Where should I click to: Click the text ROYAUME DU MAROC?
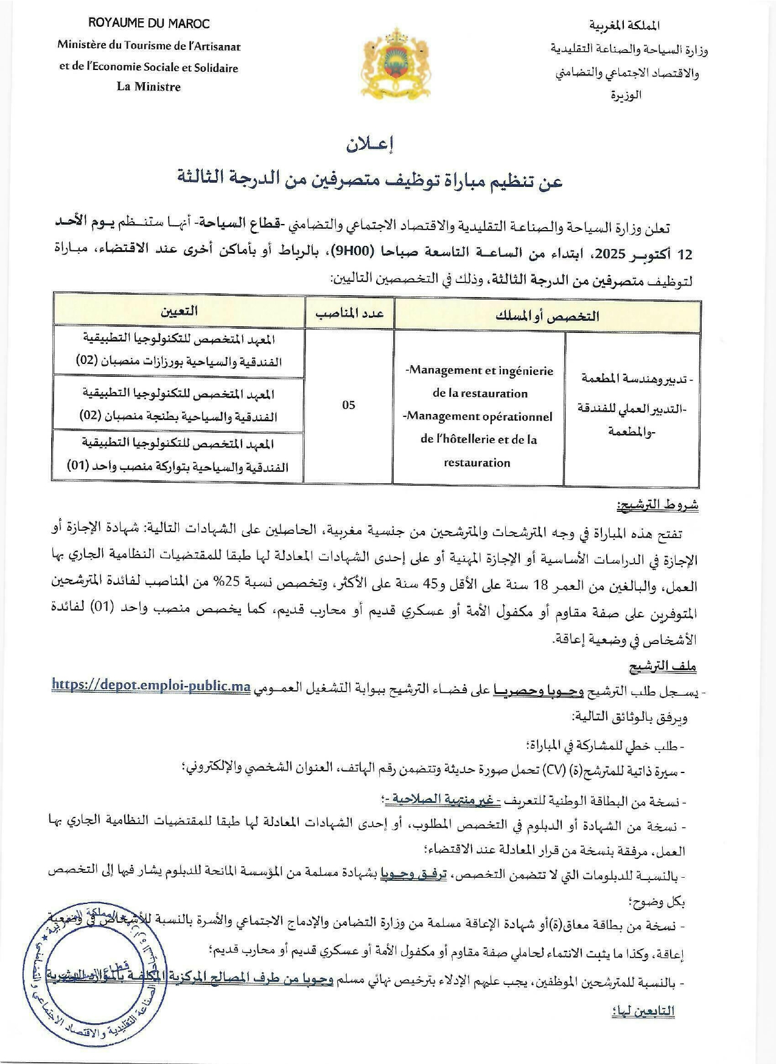point(149,24)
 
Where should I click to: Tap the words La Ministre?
point(149,87)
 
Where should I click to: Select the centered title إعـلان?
point(371,145)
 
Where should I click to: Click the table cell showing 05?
point(348,405)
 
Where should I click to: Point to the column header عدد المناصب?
point(349,313)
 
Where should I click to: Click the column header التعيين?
point(179,311)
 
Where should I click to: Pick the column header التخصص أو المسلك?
point(547,316)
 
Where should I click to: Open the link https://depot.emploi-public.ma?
point(152,685)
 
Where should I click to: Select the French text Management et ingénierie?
point(480,371)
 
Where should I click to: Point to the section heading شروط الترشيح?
point(657,505)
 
